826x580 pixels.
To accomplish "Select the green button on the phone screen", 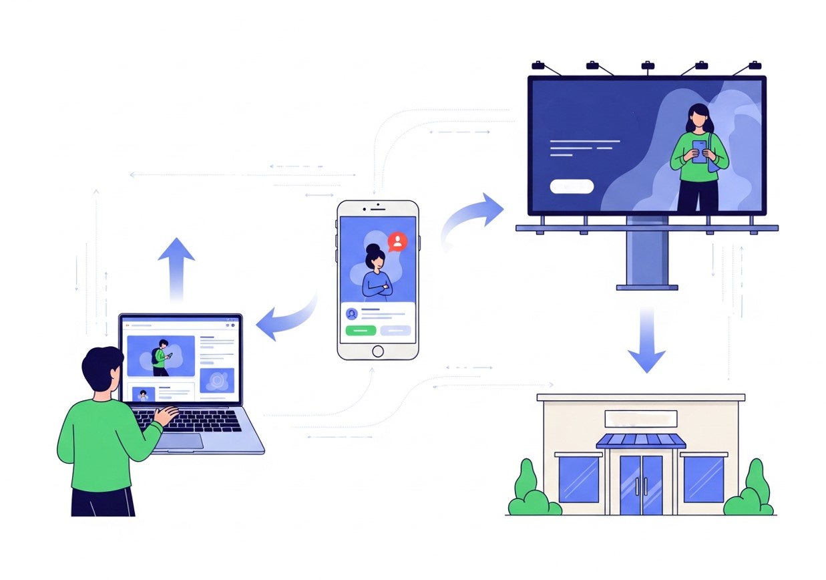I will pyautogui.click(x=361, y=330).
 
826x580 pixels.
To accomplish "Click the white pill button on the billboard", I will pyautogui.click(x=572, y=186).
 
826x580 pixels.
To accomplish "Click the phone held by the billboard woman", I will pyautogui.click(x=699, y=152).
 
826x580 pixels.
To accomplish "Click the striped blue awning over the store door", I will pyautogui.click(x=641, y=441).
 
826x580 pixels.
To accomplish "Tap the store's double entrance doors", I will pyautogui.click(x=641, y=484).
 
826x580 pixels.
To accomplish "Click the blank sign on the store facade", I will pyautogui.click(x=641, y=419).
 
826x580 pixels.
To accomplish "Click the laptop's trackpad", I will pyautogui.click(x=180, y=441).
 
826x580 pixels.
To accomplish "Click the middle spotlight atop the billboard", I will pyautogui.click(x=647, y=66).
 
